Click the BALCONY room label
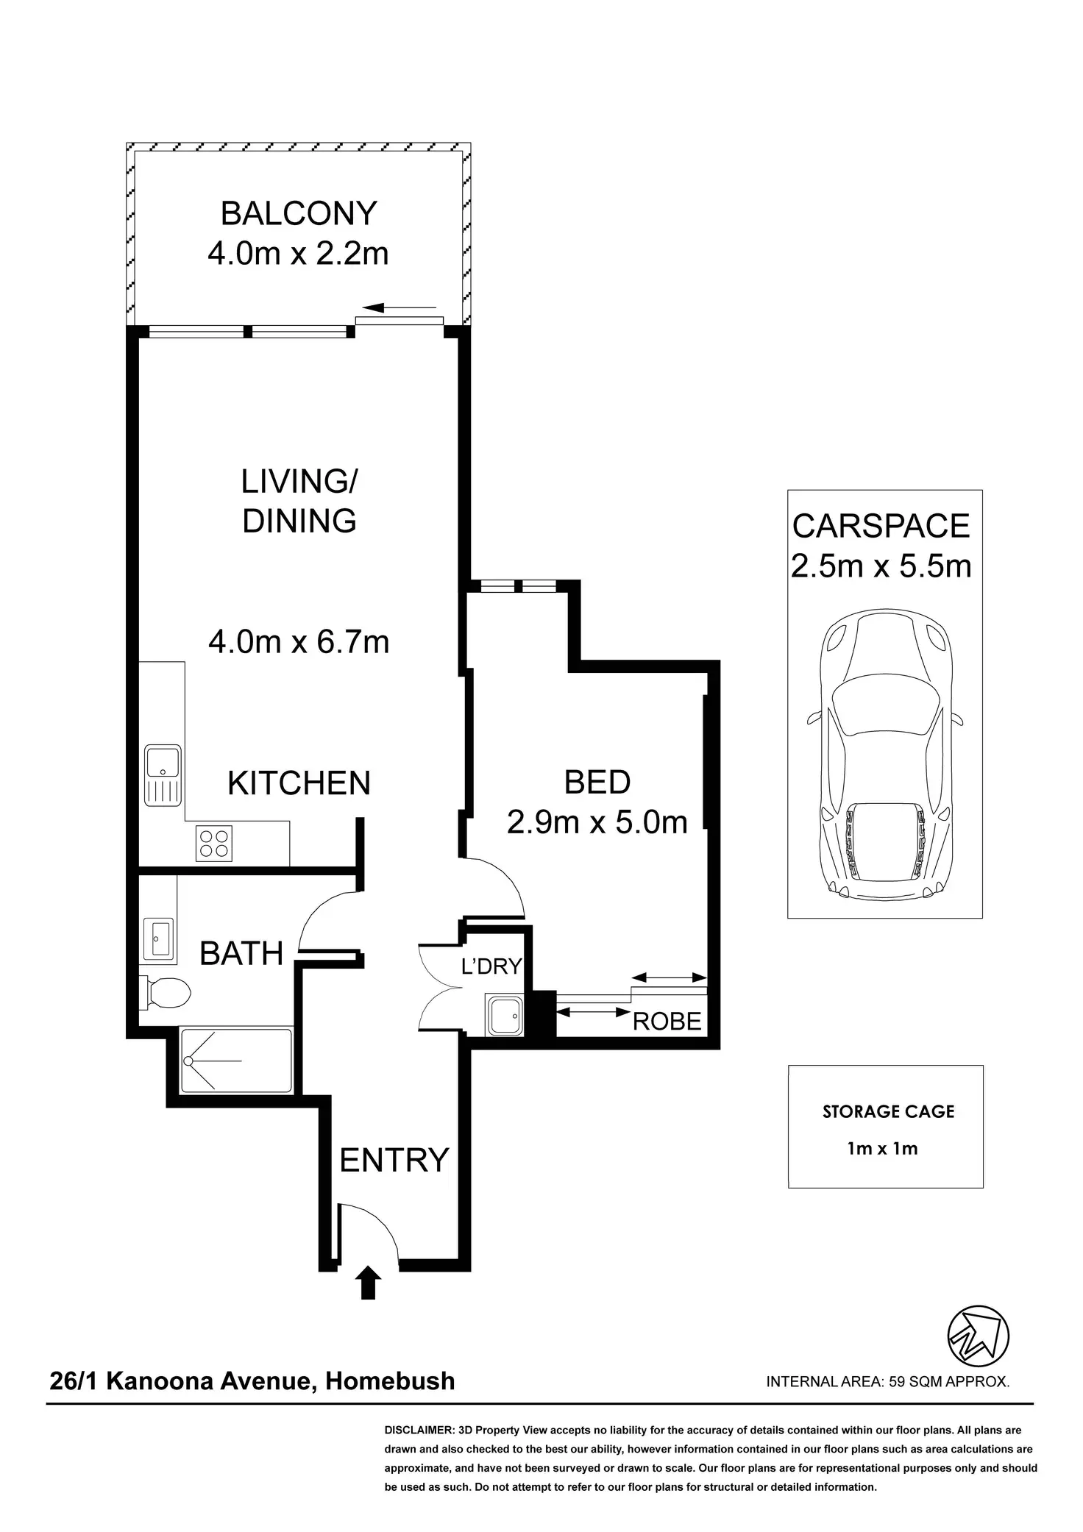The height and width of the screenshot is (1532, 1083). (299, 213)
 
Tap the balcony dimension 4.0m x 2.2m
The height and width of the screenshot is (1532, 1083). (298, 254)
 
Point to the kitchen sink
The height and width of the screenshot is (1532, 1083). (163, 776)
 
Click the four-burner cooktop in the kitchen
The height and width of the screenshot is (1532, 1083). (214, 843)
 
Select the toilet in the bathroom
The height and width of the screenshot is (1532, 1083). (166, 994)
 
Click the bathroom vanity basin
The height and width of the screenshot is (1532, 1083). (158, 938)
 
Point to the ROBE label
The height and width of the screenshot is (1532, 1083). (667, 1022)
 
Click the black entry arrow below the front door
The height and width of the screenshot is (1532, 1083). (369, 1283)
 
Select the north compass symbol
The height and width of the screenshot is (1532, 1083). (978, 1335)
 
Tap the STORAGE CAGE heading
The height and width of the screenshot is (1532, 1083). (888, 1111)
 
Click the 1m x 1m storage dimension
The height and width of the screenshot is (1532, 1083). (883, 1148)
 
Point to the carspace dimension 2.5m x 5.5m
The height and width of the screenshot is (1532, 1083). (881, 566)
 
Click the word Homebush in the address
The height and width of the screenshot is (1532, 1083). (390, 1381)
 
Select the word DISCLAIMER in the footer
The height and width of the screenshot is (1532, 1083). (419, 1431)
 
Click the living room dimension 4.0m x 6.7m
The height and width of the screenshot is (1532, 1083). (299, 642)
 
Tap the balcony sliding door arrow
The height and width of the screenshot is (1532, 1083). (400, 307)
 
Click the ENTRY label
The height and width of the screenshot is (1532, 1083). (394, 1161)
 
